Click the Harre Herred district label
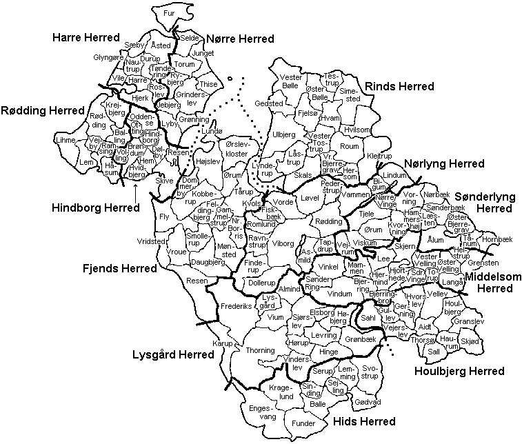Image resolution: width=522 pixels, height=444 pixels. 86,37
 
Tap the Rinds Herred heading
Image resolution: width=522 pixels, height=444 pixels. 399,86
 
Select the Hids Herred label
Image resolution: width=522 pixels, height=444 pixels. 363,421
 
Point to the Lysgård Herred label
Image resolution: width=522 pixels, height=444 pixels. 172,354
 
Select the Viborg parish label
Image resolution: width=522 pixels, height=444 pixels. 283,243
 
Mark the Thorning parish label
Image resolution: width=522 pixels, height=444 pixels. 260,350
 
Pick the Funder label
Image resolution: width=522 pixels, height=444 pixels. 303,423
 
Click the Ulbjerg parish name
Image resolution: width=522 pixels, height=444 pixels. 283,134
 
